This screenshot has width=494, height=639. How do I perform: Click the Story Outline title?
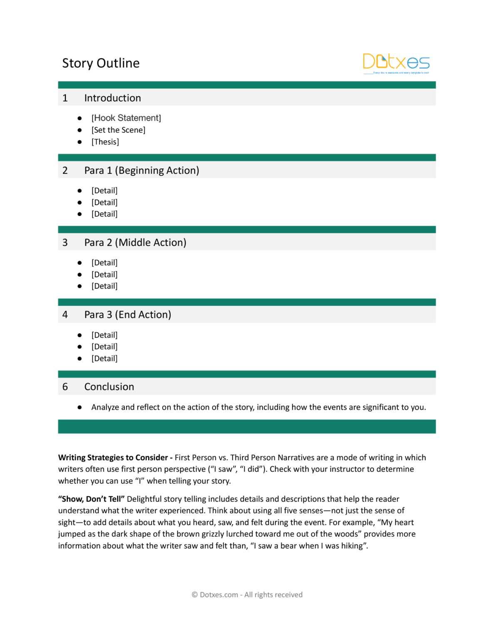click(101, 63)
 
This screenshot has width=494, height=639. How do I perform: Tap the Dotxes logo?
click(396, 63)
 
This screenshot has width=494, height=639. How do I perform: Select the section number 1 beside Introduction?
click(65, 98)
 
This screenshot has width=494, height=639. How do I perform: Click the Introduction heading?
click(112, 98)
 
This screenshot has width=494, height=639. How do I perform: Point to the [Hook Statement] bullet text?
click(126, 118)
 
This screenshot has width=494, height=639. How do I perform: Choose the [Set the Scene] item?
click(118, 130)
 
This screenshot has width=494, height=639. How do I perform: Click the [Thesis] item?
click(105, 142)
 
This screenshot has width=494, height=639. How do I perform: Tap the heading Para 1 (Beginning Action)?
click(141, 171)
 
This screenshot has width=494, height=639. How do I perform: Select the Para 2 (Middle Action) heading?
click(135, 243)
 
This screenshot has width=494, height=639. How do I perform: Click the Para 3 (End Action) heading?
click(127, 315)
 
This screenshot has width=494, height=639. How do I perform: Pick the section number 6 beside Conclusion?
click(65, 387)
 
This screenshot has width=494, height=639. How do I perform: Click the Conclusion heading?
click(109, 387)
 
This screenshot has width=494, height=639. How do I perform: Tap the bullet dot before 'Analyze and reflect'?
click(79, 407)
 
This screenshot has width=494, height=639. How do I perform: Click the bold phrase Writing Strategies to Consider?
click(113, 458)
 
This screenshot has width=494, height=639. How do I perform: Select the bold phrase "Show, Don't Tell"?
click(91, 499)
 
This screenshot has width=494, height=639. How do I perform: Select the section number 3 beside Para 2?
click(65, 243)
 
